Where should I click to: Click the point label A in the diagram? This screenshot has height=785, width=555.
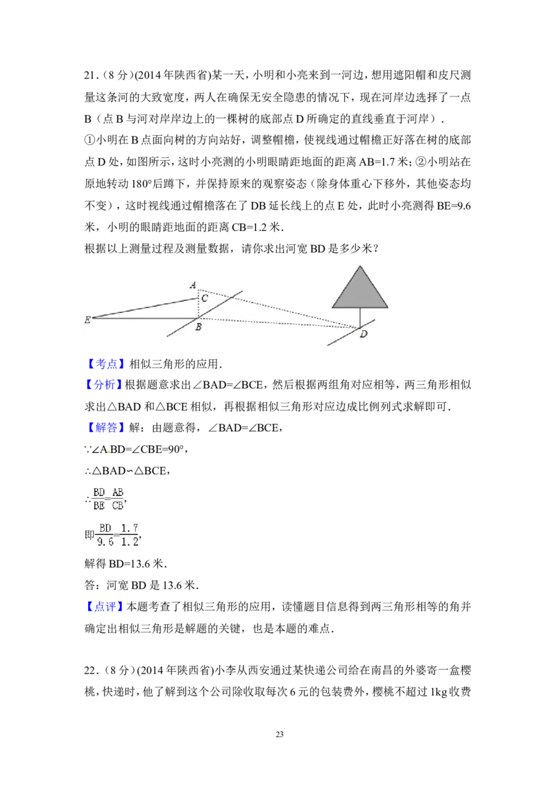coord(193,285)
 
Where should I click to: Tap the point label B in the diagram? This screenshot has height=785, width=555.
coord(198,327)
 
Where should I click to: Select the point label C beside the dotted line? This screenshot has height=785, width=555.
coord(205,298)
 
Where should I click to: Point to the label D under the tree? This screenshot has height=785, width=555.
coord(364,334)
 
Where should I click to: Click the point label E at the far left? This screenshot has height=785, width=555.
coord(87,320)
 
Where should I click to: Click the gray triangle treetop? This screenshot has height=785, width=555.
coord(359,291)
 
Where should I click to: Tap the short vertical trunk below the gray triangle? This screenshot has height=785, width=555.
coord(359,317)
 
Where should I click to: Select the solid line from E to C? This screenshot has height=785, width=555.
coord(146,308)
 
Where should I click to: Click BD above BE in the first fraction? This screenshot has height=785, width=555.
coord(99,492)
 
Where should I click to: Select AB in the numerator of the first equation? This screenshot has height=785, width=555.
coord(118,492)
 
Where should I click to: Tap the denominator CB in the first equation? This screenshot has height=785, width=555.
coord(118,506)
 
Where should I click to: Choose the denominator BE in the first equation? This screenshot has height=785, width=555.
coord(99,506)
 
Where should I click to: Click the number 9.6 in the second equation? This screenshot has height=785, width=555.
coord(105,542)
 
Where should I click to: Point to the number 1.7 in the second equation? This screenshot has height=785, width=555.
coord(129,528)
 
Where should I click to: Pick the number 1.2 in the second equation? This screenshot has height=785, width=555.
coord(129,542)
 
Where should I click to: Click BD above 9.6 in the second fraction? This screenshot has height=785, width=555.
coord(105,528)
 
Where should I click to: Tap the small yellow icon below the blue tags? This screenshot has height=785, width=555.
coord(108,452)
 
